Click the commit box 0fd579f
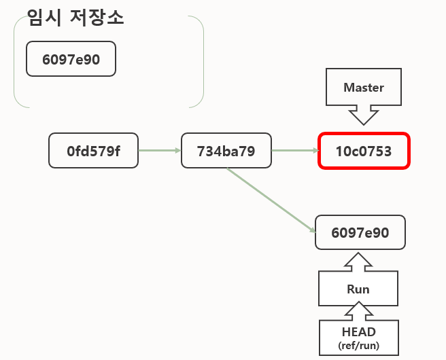pyautogui.click(x=93, y=151)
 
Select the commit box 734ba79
pyautogui.click(x=226, y=151)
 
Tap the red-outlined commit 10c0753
pyautogui.click(x=364, y=151)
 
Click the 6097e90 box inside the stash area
pyautogui.click(x=71, y=59)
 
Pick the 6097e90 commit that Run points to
pyautogui.click(x=360, y=233)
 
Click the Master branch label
pyautogui.click(x=364, y=88)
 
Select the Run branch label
pyautogui.click(x=358, y=289)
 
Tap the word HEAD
pyautogui.click(x=358, y=332)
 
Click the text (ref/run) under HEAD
pyautogui.click(x=358, y=345)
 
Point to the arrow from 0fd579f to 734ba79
pyautogui.click(x=159, y=151)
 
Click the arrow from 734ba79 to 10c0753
pyautogui.click(x=294, y=151)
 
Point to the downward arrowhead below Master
pyautogui.click(x=364, y=115)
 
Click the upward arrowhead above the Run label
pyautogui.click(x=358, y=262)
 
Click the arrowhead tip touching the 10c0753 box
pyautogui.click(x=316, y=151)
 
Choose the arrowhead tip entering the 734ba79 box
pyautogui.click(x=179, y=151)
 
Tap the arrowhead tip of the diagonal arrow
pyautogui.click(x=315, y=230)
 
